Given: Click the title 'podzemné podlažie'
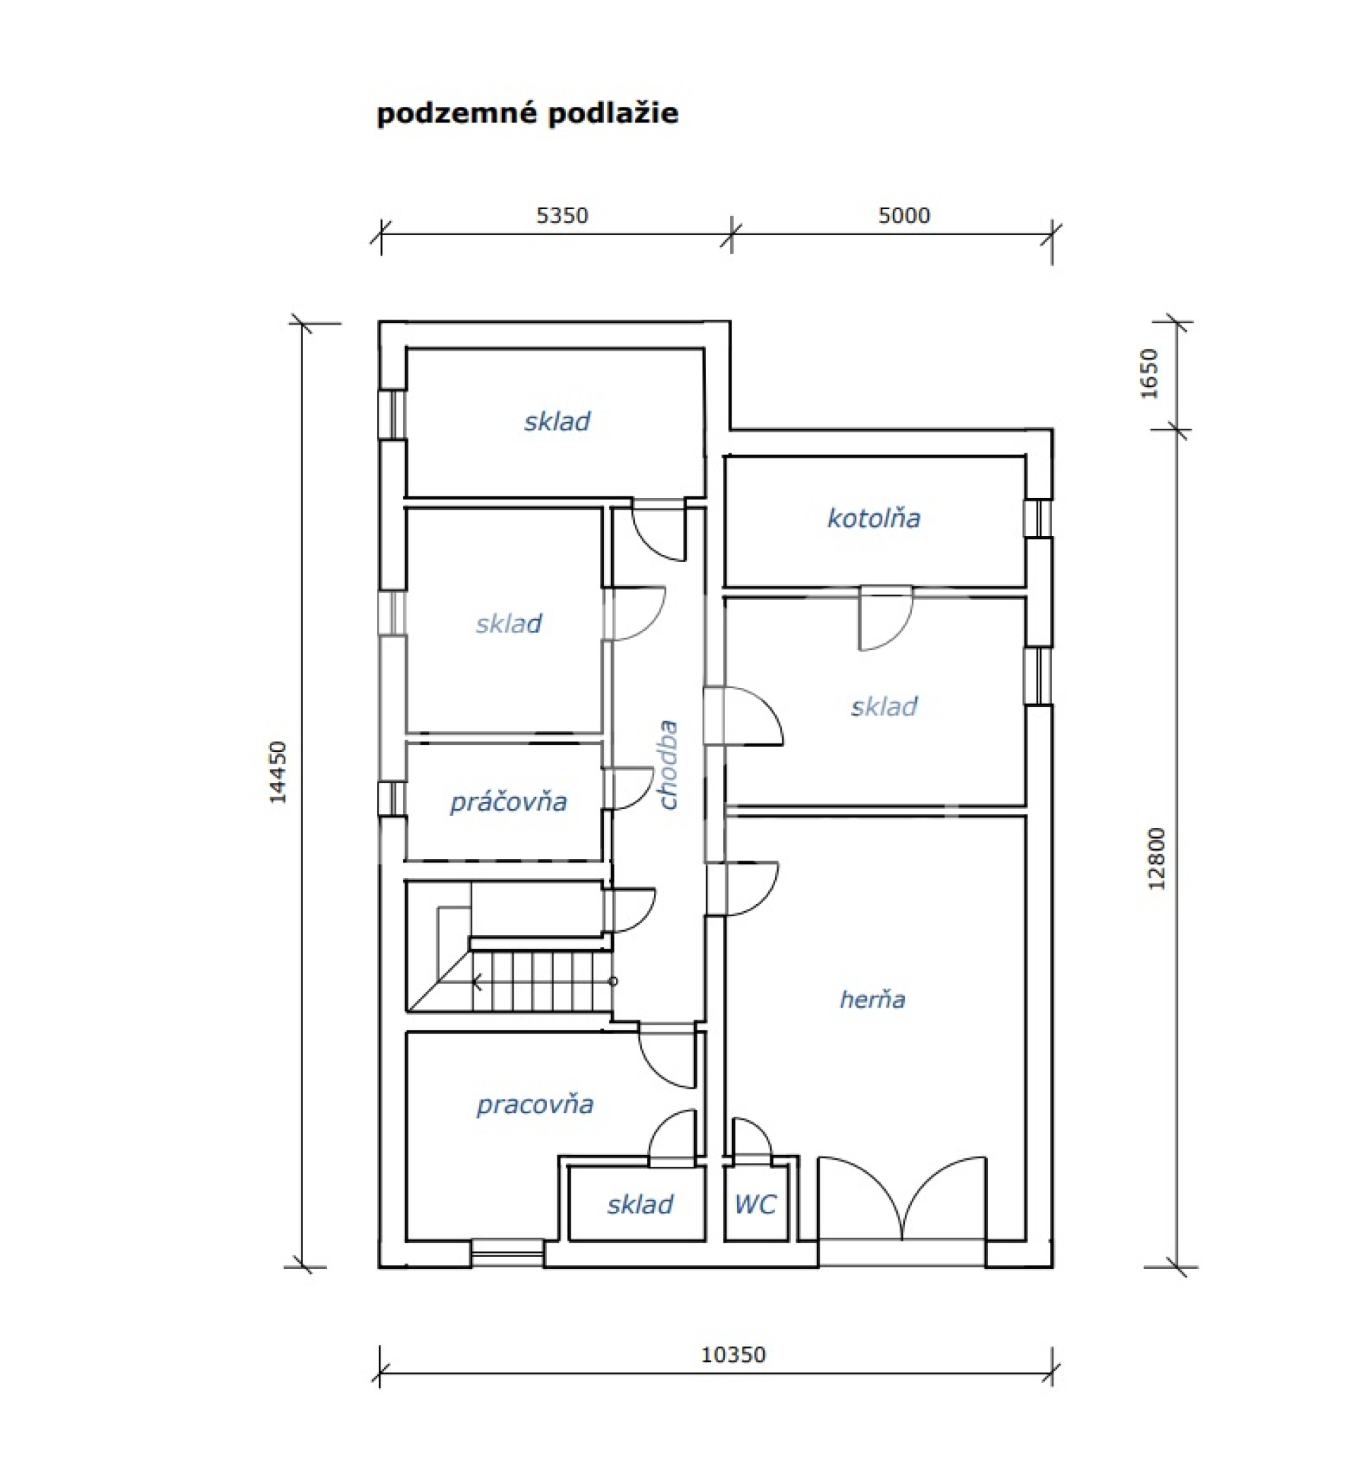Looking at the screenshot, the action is (x=527, y=114).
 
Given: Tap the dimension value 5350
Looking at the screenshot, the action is (x=562, y=216).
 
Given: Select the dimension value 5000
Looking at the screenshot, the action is (x=904, y=216).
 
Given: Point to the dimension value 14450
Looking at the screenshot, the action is (x=278, y=772).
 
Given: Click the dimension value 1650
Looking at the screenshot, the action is (x=1150, y=374).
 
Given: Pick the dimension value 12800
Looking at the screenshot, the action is (x=1157, y=858).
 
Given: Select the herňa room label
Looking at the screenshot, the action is (x=872, y=999).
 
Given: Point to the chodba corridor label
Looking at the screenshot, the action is (x=669, y=765).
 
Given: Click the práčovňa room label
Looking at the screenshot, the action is (x=508, y=802).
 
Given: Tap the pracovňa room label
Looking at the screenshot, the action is (x=534, y=1105).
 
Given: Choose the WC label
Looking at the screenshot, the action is (x=755, y=1204).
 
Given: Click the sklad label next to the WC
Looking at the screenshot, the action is (x=640, y=1204).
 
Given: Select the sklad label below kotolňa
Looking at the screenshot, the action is (x=884, y=707).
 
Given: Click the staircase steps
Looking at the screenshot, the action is (x=540, y=980).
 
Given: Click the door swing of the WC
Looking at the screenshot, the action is (x=752, y=1139).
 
